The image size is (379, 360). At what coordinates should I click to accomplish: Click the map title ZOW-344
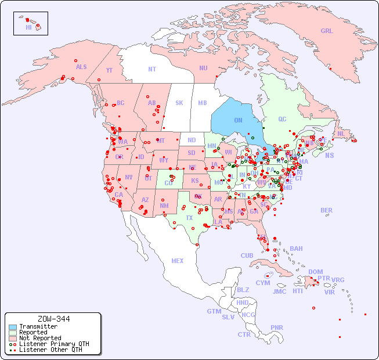click(53, 319)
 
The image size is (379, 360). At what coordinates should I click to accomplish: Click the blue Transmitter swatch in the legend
click(13, 327)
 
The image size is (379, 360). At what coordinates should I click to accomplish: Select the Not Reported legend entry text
click(40, 338)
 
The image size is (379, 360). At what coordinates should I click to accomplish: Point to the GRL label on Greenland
click(327, 31)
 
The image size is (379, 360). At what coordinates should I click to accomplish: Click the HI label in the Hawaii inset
click(28, 27)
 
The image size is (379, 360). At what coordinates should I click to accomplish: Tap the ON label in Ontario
click(238, 120)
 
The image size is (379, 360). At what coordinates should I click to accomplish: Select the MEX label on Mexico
click(178, 261)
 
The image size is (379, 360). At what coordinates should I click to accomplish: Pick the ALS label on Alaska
click(81, 67)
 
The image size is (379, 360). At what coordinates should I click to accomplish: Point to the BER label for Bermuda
click(326, 210)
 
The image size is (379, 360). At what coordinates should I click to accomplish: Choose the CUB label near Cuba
click(247, 255)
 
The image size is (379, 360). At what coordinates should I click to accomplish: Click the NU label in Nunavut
click(203, 68)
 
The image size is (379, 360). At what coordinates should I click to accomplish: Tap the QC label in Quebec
click(282, 119)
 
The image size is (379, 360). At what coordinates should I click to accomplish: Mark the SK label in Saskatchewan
click(179, 103)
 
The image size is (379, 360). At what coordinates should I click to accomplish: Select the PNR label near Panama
click(277, 327)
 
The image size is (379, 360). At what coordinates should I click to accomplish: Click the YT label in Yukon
click(109, 70)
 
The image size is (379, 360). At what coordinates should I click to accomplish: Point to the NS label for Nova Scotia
click(330, 155)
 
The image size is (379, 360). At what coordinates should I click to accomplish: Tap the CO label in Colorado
click(168, 183)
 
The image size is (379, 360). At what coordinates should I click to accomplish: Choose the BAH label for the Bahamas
click(296, 249)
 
